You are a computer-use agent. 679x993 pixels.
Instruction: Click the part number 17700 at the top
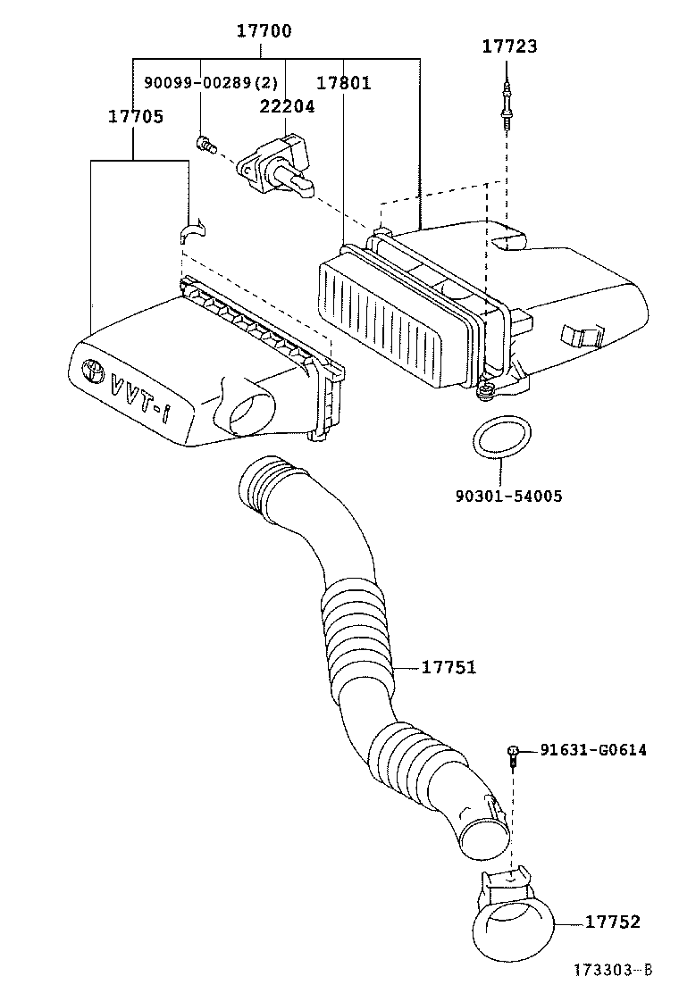coord(264,32)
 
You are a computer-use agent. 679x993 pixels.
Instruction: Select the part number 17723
coord(510,46)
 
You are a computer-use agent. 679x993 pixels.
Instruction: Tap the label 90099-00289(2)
coord(211,83)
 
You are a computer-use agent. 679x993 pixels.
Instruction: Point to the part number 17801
coord(343,83)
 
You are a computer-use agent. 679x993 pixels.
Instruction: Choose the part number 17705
coord(136,116)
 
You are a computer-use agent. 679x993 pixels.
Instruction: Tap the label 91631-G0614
coord(593,750)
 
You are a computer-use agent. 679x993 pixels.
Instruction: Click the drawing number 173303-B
coord(612,970)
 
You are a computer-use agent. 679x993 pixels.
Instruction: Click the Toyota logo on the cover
coord(92,370)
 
